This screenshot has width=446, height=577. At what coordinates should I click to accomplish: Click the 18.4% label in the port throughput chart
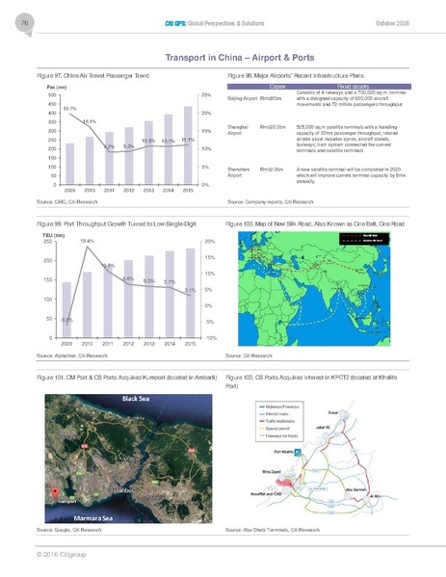(87, 241)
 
